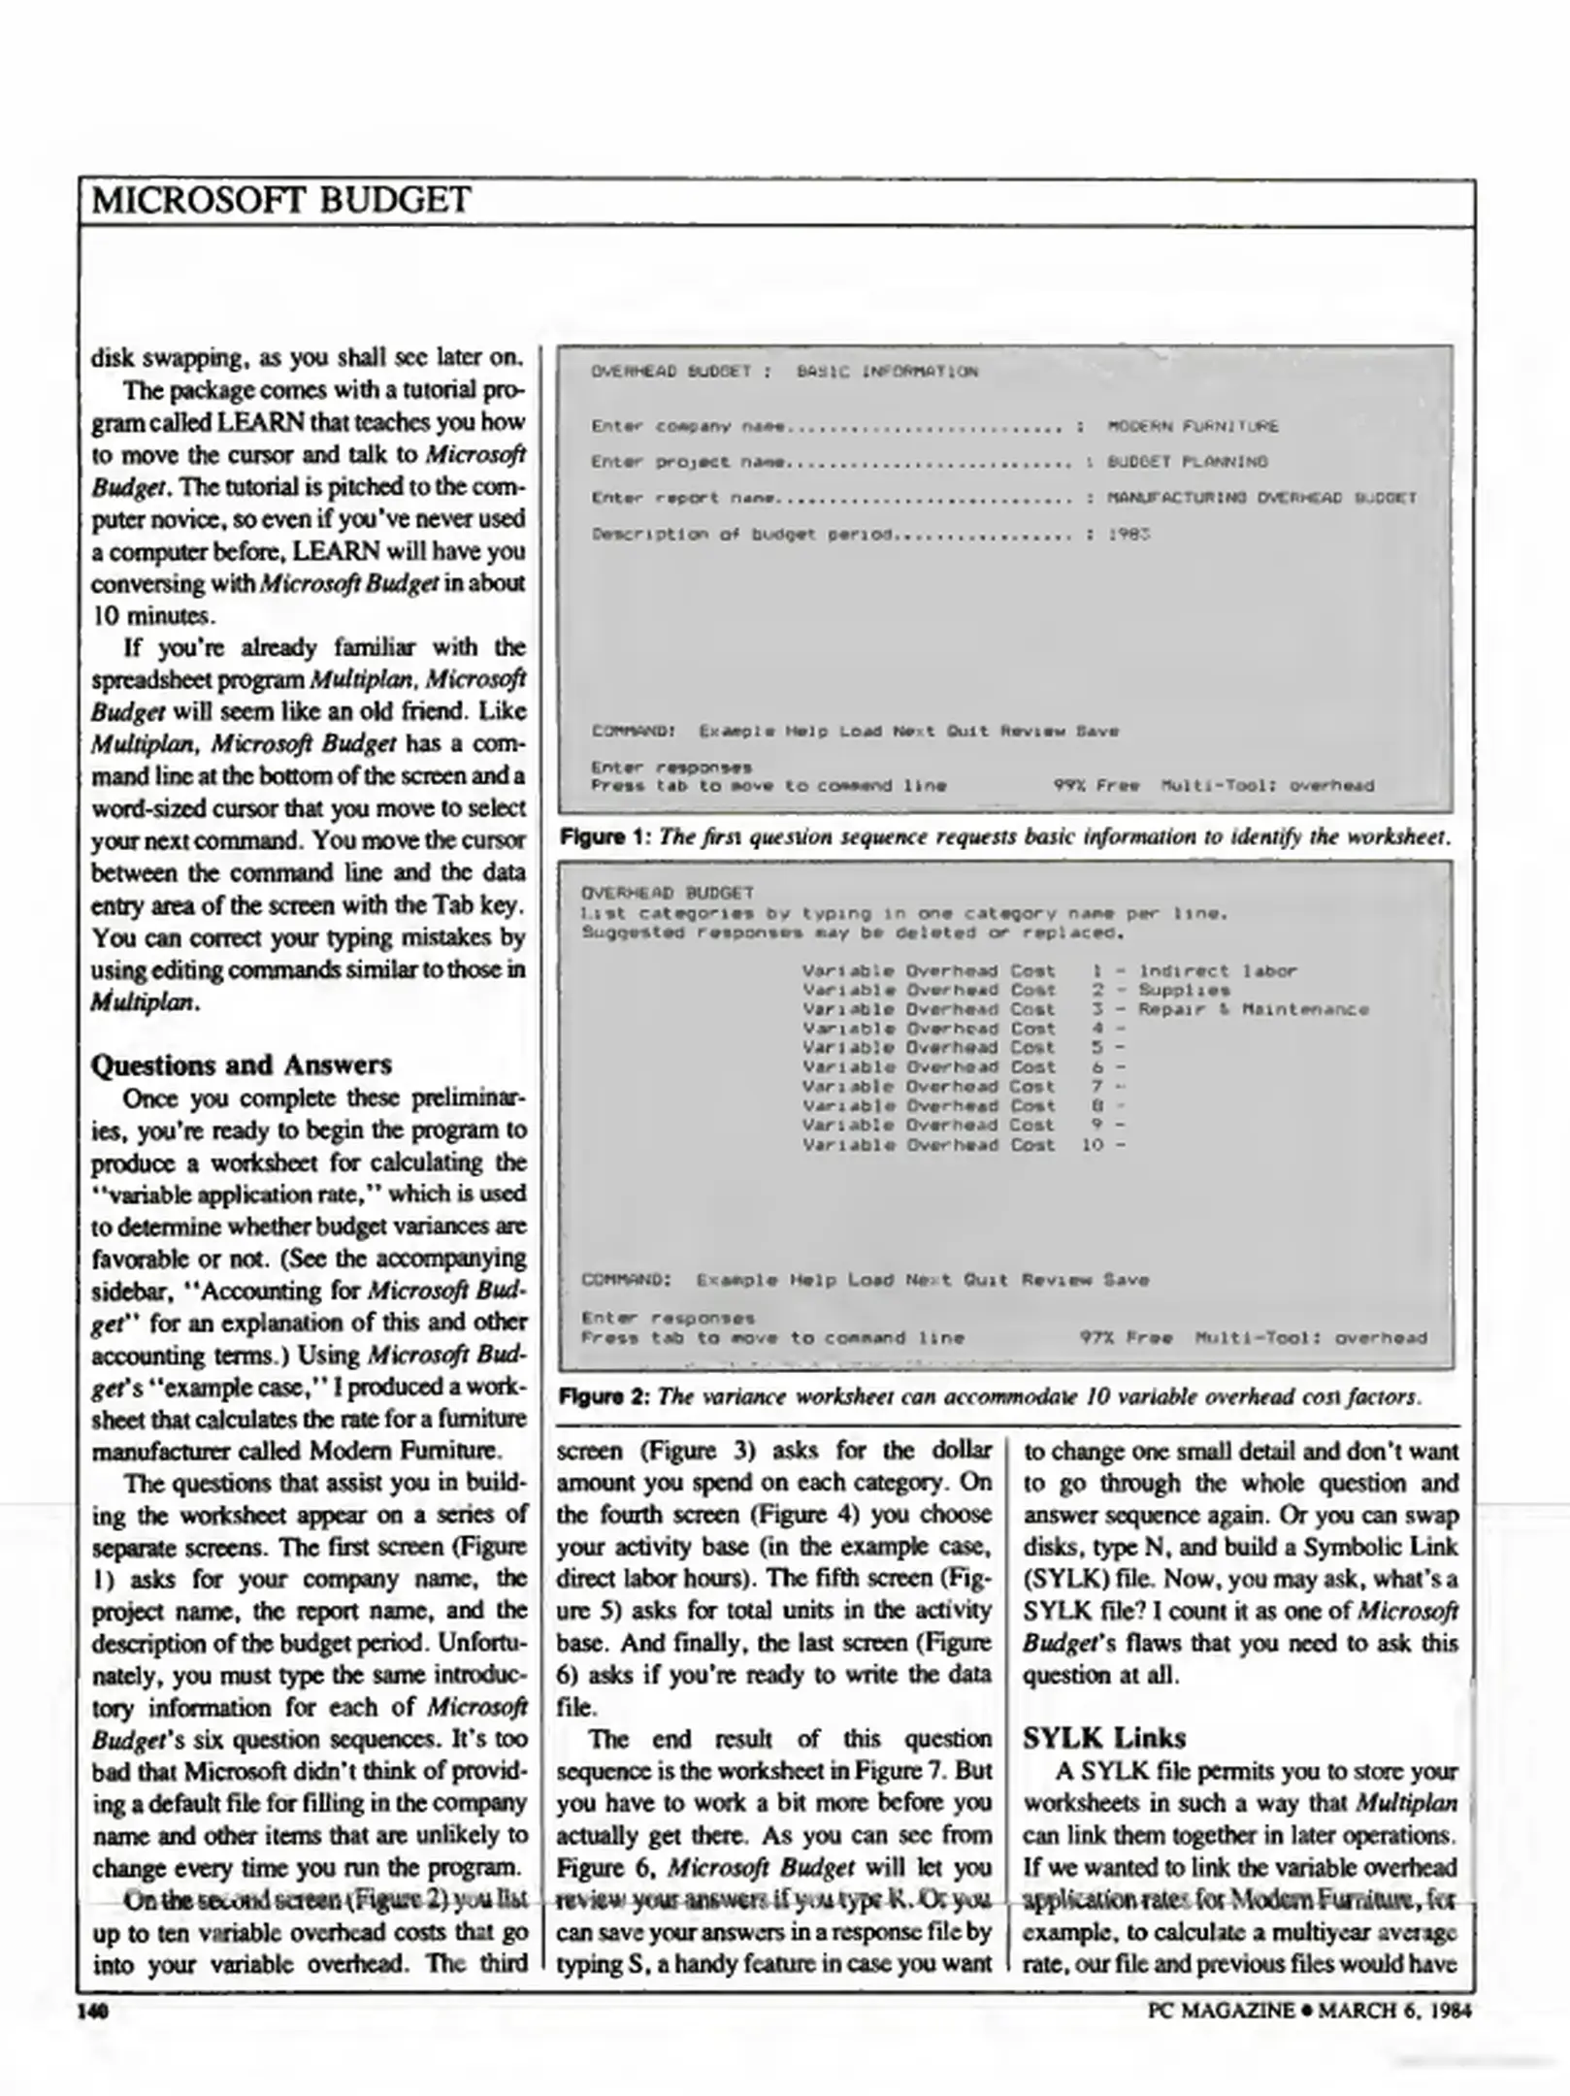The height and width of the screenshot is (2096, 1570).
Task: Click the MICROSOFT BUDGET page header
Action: coord(281,201)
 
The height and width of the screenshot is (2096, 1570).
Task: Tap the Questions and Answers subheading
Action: coord(241,1064)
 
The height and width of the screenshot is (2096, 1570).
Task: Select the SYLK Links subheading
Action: coord(1104,1736)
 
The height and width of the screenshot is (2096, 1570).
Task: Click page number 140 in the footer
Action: coord(93,2010)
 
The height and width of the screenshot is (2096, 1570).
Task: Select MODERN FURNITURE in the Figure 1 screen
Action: coord(1192,426)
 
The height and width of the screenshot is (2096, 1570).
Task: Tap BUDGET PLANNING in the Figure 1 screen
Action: coord(1187,462)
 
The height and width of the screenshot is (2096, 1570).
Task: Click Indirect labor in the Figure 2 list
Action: coord(1217,970)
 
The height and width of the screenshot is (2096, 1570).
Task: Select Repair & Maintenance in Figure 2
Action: coord(1253,1009)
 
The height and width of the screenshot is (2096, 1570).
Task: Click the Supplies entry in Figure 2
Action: coord(1183,990)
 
